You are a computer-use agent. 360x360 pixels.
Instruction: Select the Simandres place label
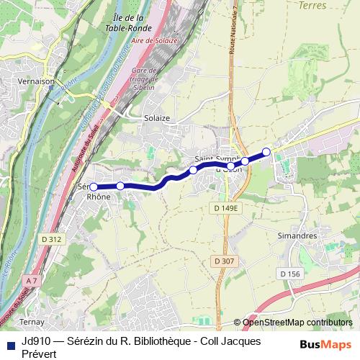pos(297,235)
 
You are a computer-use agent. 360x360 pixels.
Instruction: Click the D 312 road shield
pos(50,239)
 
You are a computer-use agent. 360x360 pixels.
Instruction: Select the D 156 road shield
pos(289,274)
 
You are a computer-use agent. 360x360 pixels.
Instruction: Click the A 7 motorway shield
pos(30,279)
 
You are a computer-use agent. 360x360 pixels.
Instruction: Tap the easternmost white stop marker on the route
pos(266,151)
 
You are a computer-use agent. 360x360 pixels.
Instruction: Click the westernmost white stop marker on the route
pos(93,186)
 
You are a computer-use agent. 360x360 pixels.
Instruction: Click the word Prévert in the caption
pos(39,354)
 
